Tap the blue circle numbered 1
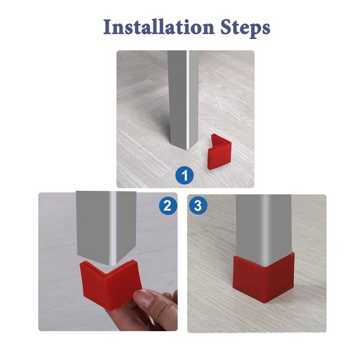click(x=185, y=176)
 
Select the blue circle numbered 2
click(x=168, y=206)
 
